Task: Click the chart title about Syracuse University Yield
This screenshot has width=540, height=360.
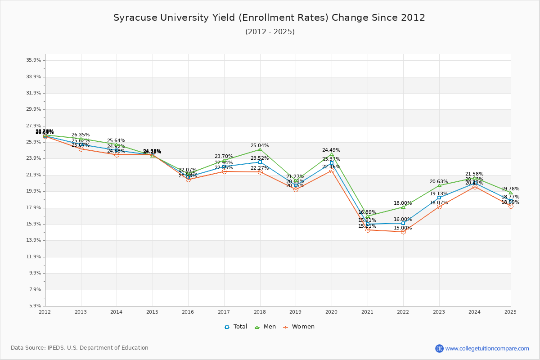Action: pyautogui.click(x=269, y=18)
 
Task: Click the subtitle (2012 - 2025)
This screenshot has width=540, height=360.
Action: pyautogui.click(x=270, y=32)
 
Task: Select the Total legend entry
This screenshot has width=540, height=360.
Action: pyautogui.click(x=236, y=327)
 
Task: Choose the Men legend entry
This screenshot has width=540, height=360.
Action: pyautogui.click(x=265, y=327)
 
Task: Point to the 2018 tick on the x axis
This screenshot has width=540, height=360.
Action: pyautogui.click(x=260, y=311)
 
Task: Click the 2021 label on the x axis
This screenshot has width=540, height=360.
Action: pyautogui.click(x=367, y=311)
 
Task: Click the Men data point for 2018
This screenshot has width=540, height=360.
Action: pyautogui.click(x=260, y=149)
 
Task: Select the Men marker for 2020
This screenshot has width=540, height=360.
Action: pyautogui.click(x=332, y=154)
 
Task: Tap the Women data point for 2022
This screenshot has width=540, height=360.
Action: pyautogui.click(x=403, y=232)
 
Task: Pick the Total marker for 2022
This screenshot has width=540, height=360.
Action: pyautogui.click(x=403, y=223)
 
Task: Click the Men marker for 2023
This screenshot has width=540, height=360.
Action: pyautogui.click(x=439, y=185)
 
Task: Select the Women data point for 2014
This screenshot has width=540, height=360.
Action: pyautogui.click(x=117, y=154)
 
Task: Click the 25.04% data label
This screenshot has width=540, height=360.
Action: pyautogui.click(x=260, y=146)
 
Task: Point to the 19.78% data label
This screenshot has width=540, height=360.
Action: pyautogui.click(x=510, y=189)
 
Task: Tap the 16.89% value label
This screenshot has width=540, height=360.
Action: pyautogui.click(x=367, y=212)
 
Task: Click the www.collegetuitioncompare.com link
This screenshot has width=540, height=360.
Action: pyautogui.click(x=487, y=348)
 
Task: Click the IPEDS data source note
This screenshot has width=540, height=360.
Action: pyautogui.click(x=80, y=348)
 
